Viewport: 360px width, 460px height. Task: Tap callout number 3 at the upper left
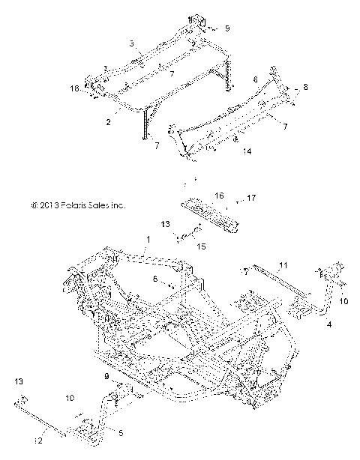132,44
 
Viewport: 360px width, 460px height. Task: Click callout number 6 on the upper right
256,79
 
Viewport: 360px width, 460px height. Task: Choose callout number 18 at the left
74,89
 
